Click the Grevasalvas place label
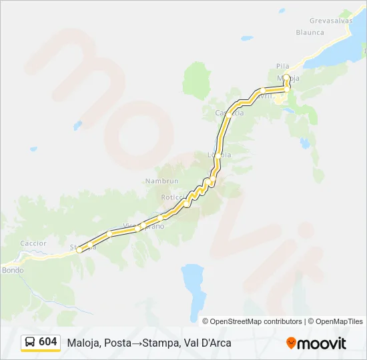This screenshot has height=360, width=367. (x=330, y=21)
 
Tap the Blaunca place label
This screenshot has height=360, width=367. (x=310, y=32)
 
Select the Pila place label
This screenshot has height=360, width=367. (x=282, y=66)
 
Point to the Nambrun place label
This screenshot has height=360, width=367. (x=159, y=181)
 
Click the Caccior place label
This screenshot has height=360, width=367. (x=33, y=243)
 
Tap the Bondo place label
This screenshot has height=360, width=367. (x=13, y=270)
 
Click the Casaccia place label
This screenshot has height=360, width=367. (x=230, y=113)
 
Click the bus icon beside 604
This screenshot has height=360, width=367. (x=30, y=343)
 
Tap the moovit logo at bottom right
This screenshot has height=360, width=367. (x=316, y=343)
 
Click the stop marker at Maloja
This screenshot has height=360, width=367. (x=286, y=77)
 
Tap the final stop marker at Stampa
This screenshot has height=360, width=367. (x=80, y=250)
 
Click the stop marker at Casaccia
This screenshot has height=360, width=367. (x=229, y=114)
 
